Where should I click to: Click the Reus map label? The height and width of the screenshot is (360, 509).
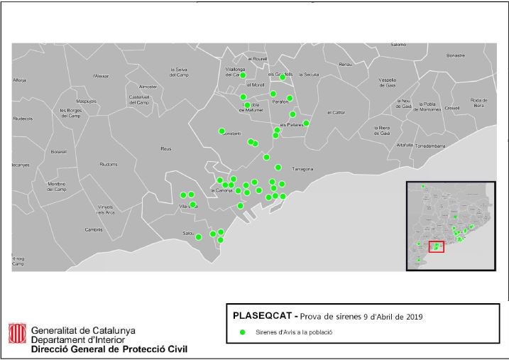(166, 149)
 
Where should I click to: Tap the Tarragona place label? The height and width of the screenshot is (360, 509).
(303, 169)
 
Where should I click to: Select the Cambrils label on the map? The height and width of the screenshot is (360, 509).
(94, 229)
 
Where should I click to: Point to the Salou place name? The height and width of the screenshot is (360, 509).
(189, 233)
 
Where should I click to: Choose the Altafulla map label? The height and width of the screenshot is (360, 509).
(405, 145)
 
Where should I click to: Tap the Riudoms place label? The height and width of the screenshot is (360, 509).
(109, 164)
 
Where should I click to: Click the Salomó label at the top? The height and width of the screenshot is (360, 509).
(398, 45)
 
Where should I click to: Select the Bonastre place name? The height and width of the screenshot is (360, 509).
(456, 55)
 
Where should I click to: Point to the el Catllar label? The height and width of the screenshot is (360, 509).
(336, 112)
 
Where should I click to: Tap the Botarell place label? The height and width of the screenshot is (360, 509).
(58, 151)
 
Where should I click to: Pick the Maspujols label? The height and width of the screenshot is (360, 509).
(86, 101)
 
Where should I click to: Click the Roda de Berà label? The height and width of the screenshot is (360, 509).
(479, 102)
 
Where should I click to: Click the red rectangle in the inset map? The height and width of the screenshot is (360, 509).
(437, 246)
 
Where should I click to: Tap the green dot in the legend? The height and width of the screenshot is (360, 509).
(242, 332)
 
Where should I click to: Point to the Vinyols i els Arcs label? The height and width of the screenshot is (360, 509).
(106, 209)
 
